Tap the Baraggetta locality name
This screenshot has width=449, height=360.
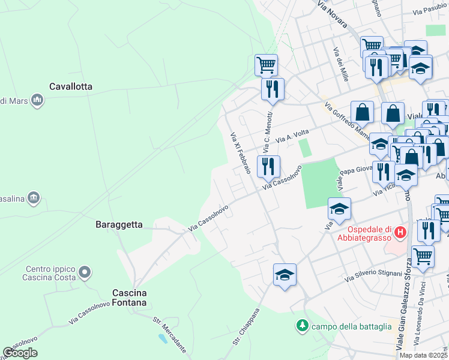119,224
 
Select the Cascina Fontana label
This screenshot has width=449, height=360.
129,298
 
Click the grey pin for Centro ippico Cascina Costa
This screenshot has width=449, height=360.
85,273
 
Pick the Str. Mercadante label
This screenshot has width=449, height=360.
170,335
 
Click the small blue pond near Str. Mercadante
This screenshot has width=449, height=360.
163,339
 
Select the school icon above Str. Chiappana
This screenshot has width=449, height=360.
284,275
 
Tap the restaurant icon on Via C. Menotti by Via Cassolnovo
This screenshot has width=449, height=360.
268,166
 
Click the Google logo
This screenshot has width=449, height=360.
20,353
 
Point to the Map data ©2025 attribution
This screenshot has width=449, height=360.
424,355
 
